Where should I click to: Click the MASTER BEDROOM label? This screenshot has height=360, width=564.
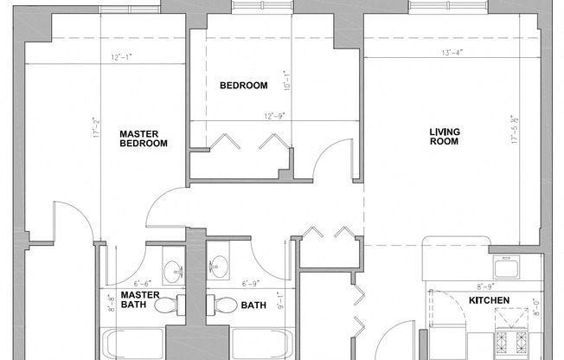click(x=143, y=138)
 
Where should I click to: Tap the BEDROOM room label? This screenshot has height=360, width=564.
click(x=243, y=86)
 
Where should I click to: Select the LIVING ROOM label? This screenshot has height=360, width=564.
click(x=445, y=137)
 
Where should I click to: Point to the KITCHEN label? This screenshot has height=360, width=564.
click(x=489, y=301)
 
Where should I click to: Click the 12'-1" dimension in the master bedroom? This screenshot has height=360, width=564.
click(x=122, y=58)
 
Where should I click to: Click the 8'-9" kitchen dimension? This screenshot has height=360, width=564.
click(x=485, y=285)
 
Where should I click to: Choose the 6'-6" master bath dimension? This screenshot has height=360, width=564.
click(x=143, y=283)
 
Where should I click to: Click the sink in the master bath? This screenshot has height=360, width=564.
click(x=174, y=268)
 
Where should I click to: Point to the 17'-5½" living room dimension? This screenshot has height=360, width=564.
click(x=514, y=130)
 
